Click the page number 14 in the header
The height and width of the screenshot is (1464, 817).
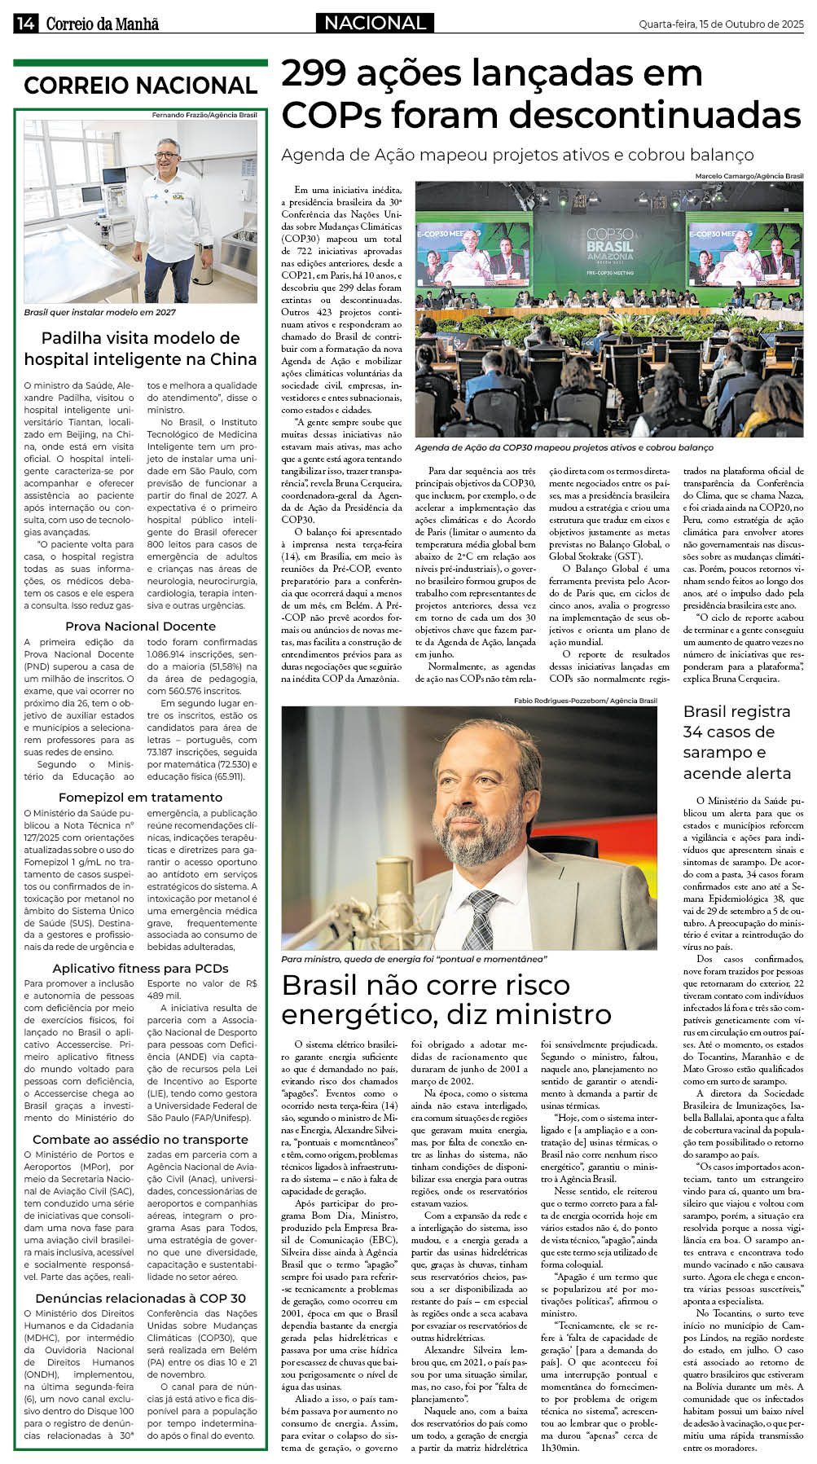(x=24, y=24)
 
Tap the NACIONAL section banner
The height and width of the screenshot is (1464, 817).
(x=375, y=23)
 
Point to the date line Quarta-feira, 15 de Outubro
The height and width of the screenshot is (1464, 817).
(x=720, y=24)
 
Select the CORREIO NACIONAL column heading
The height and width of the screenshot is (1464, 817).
(x=140, y=86)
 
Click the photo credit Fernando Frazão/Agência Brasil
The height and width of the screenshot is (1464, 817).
(x=204, y=115)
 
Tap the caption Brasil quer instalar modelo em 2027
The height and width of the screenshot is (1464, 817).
(x=99, y=312)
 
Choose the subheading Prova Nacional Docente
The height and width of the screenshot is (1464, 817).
(x=140, y=626)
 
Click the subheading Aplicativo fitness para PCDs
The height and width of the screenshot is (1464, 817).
(x=140, y=968)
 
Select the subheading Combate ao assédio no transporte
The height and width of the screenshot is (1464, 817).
(x=140, y=1139)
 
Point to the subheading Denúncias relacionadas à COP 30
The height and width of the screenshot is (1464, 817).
(x=140, y=1298)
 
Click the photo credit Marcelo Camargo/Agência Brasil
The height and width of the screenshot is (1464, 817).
(x=749, y=176)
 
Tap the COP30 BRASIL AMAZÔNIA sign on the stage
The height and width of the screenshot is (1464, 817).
(x=609, y=245)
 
